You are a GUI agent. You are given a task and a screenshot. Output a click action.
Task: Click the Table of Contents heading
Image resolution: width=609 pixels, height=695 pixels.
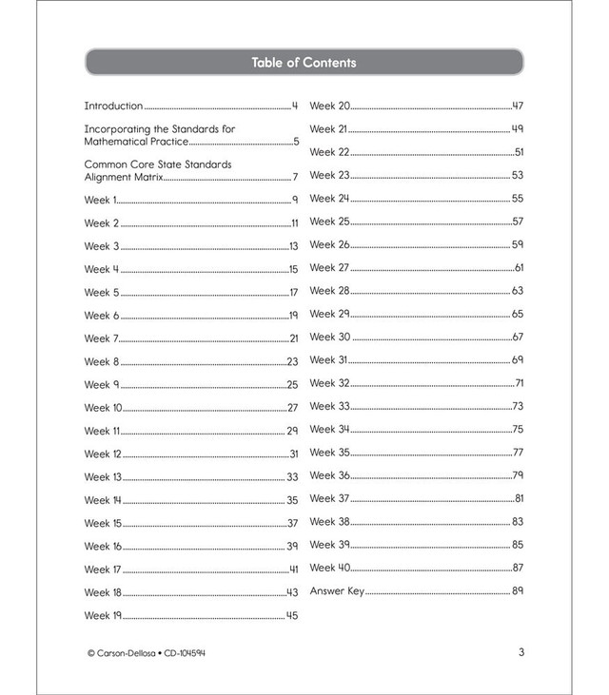point(304,63)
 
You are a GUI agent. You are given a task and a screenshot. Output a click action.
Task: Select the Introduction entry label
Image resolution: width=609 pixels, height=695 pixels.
point(113,106)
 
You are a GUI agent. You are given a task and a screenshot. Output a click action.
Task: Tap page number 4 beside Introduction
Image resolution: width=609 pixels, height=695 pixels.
point(295,106)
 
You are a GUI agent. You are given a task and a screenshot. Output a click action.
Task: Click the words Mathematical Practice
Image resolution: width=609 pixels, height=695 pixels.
point(136,142)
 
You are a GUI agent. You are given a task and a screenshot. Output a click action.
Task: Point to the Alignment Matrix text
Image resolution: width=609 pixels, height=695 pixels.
point(124,177)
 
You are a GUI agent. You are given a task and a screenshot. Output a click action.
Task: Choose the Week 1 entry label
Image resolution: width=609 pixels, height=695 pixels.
point(99,200)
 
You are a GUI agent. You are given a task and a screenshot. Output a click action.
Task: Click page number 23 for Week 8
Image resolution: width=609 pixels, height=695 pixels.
point(292,361)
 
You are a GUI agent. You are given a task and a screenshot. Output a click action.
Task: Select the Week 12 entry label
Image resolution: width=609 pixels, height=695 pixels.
point(103,454)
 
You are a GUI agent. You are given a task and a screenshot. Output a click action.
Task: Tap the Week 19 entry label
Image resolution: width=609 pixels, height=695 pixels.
point(103,615)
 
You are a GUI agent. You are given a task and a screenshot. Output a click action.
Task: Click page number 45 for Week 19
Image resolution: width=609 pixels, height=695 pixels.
point(292,615)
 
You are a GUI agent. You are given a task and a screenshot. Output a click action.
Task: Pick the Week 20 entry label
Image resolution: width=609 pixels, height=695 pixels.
point(330,106)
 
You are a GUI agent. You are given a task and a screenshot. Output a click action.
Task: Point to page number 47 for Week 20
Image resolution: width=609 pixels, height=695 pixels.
point(518,106)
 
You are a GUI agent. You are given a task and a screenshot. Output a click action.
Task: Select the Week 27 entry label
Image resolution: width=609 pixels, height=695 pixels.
point(330,268)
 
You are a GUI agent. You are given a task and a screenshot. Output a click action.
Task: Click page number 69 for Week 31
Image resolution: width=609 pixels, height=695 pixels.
point(518,360)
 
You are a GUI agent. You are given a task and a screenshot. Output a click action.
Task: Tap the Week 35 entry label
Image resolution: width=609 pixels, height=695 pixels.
point(330,453)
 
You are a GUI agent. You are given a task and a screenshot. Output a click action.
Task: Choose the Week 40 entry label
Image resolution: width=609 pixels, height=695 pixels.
point(330,568)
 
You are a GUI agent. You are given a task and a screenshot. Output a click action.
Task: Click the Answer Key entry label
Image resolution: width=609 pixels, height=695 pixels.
point(337,591)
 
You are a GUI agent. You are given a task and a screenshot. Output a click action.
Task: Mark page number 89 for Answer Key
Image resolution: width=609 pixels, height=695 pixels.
point(518,591)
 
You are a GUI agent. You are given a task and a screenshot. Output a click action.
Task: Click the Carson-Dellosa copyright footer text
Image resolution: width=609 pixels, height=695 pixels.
point(146,653)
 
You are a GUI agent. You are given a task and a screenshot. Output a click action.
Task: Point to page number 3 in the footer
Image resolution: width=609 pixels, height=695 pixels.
point(521,652)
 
